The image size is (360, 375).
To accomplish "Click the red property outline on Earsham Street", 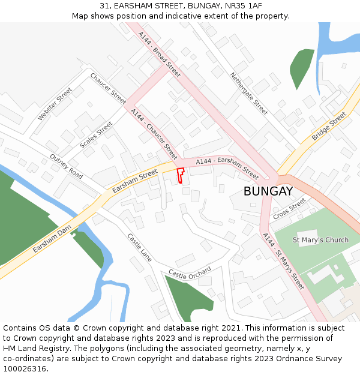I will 179,175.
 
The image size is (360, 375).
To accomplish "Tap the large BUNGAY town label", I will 268,191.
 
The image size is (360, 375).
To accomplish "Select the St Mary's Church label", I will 320,240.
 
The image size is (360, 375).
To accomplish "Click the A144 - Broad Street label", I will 159,54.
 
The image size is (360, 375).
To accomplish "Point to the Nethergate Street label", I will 249,93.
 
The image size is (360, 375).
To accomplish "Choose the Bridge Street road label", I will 329,127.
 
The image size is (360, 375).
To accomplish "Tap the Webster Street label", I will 55,103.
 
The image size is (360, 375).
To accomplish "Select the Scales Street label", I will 96,135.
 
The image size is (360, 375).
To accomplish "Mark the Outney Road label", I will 66,166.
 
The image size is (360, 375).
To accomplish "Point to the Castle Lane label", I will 140,247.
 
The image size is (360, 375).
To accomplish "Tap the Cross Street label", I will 289,209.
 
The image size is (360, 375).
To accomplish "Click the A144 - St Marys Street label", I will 283,262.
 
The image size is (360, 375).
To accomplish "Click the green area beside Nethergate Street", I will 302,66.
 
